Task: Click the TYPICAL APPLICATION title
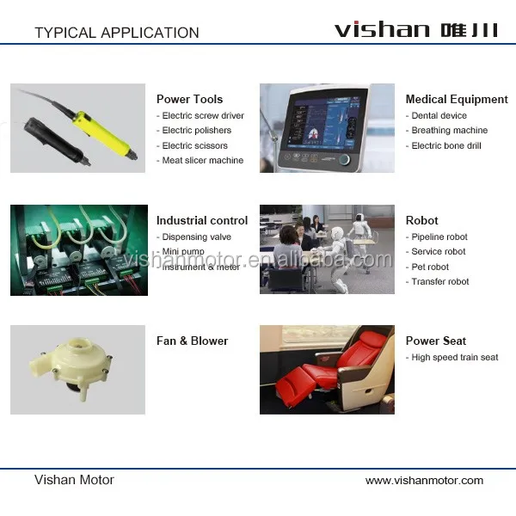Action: click(117, 33)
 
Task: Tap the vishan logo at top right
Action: click(416, 29)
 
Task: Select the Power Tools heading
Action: click(189, 99)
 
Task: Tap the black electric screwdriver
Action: click(56, 141)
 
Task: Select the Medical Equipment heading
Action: click(457, 99)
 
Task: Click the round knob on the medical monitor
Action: click(344, 160)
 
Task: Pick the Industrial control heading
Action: click(202, 220)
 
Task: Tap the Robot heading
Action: click(422, 220)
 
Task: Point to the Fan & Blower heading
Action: click(192, 341)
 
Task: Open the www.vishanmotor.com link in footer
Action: click(424, 481)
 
